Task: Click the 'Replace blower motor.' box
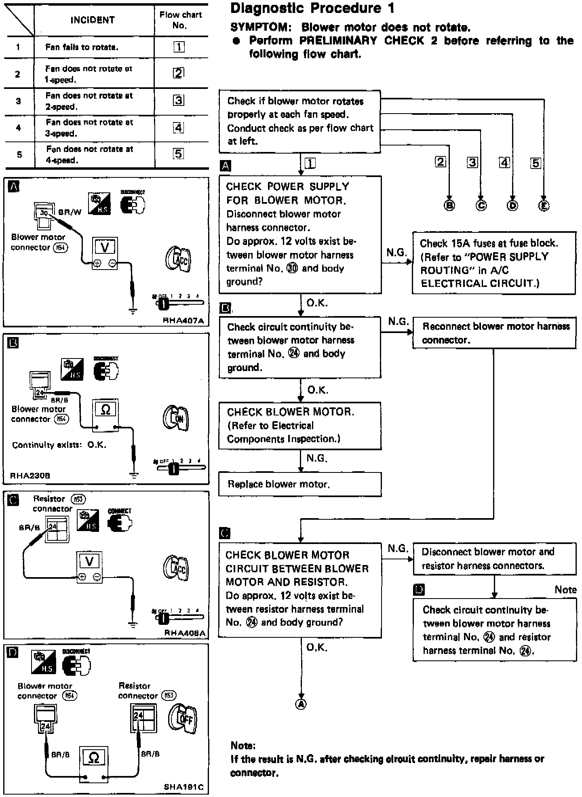299,484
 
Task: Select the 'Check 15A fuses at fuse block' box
493,263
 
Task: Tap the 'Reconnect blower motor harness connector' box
494,333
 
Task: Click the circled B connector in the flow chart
449,205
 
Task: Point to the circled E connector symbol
544,206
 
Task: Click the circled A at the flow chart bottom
301,704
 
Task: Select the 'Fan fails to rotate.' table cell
82,47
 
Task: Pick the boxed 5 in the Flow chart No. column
178,154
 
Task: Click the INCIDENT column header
93,20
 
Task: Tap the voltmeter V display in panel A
105,247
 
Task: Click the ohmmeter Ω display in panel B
105,409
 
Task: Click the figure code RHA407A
183,320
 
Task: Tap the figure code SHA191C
183,787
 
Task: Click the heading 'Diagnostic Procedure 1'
312,8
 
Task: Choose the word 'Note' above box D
565,590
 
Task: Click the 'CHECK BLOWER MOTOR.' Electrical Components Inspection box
299,426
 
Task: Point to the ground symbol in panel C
133,625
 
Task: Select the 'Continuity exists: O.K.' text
59,445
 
